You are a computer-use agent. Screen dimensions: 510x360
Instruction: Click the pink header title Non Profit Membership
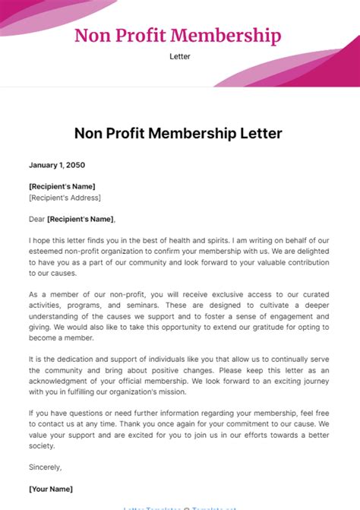tap(178, 36)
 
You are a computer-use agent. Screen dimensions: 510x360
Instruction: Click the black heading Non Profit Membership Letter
tap(178, 134)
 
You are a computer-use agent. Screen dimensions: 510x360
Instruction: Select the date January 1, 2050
tap(56, 165)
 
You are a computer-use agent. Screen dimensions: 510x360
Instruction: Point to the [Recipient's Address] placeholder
tap(65, 198)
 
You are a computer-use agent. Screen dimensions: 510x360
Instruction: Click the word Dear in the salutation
tap(36, 220)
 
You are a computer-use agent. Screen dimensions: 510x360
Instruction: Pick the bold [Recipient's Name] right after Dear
tap(81, 220)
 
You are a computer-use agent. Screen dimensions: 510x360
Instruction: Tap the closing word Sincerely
tap(45, 467)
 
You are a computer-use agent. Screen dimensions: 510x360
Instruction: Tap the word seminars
tap(143, 305)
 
